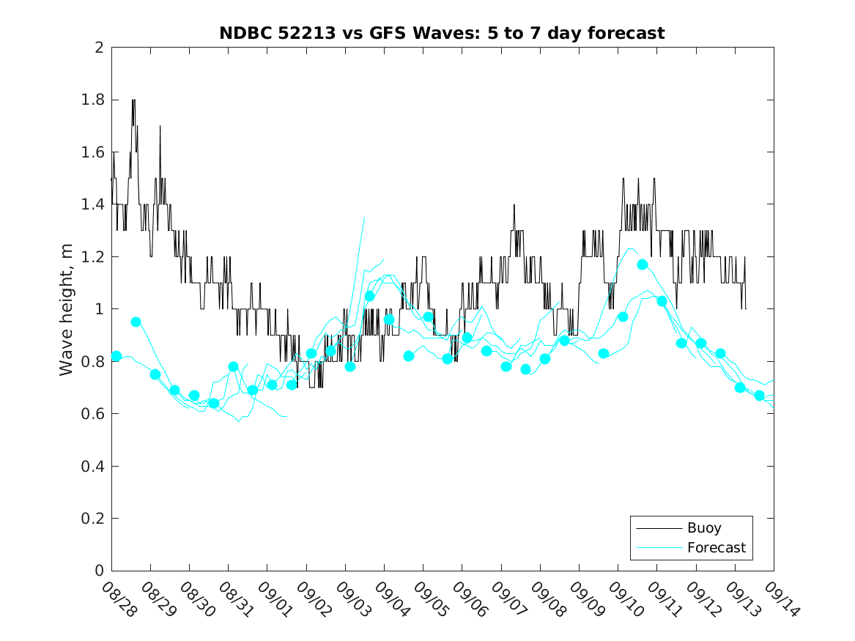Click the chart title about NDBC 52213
442,33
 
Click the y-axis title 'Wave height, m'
67,309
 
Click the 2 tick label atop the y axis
98,48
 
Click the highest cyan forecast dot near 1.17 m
643,264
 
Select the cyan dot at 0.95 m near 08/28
136,322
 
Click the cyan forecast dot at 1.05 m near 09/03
369,296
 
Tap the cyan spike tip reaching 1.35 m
364,218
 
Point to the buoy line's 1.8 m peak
133,100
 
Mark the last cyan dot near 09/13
759,396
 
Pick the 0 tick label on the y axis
98,571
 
